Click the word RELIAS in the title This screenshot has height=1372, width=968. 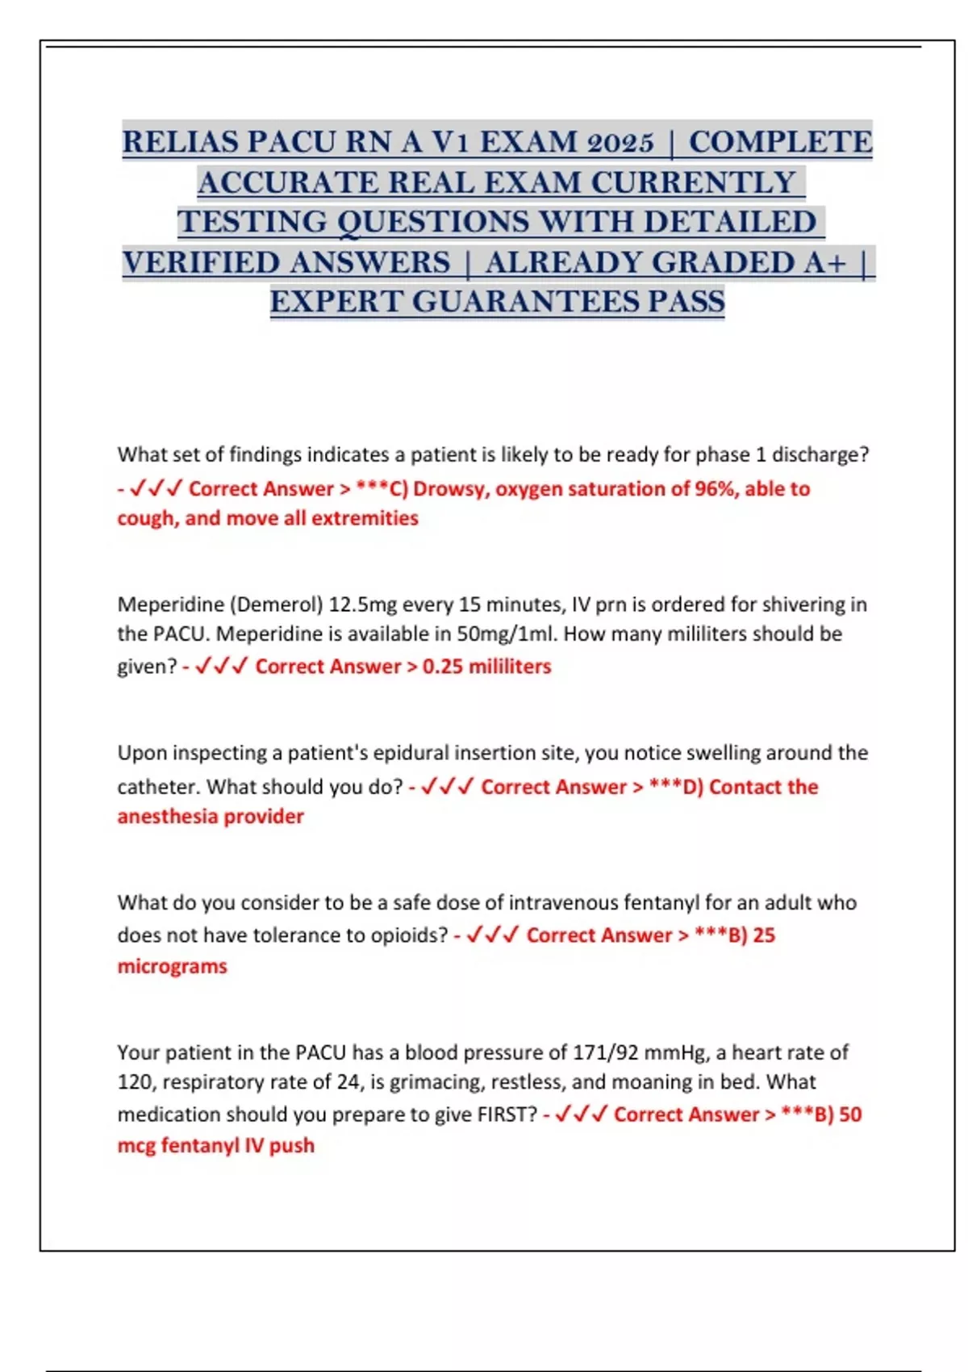click(x=180, y=142)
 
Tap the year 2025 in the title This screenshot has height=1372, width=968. click(x=620, y=142)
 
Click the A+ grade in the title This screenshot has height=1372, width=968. click(x=823, y=262)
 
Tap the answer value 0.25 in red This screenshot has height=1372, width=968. click(x=443, y=667)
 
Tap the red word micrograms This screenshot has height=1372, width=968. click(x=172, y=966)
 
